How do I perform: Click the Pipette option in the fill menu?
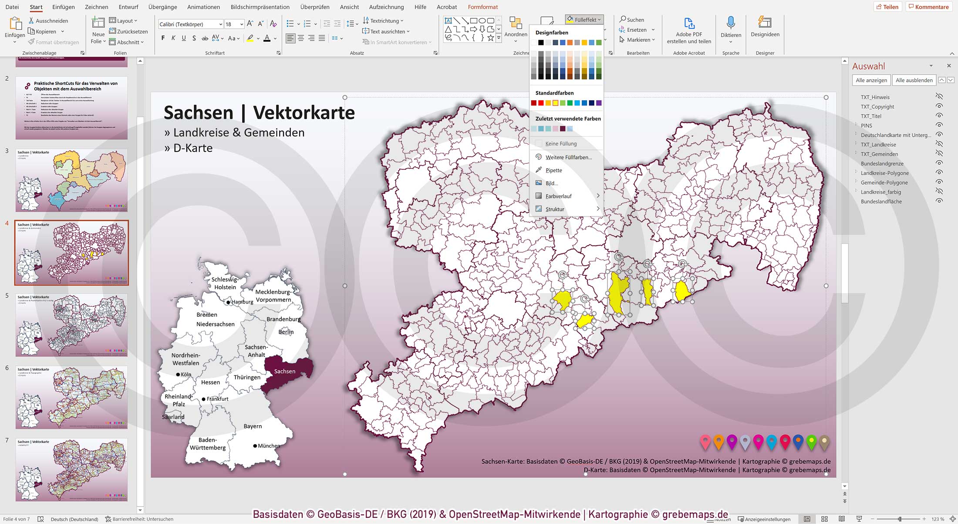(x=553, y=170)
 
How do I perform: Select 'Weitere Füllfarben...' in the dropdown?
(x=568, y=157)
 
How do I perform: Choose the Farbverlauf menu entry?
(x=558, y=196)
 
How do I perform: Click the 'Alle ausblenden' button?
(x=914, y=80)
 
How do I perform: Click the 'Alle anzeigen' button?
(x=871, y=80)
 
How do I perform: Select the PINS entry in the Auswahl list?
(x=866, y=125)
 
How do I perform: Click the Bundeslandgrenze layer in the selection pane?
(x=882, y=164)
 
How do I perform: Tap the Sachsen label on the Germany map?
(x=284, y=372)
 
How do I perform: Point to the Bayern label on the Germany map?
(x=253, y=426)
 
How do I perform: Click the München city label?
(x=269, y=446)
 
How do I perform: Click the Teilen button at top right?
(x=887, y=7)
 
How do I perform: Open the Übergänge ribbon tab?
(x=162, y=7)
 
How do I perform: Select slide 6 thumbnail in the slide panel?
(x=71, y=397)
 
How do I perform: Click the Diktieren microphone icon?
(x=730, y=23)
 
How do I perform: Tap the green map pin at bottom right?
(x=811, y=442)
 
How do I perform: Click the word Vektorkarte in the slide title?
(x=304, y=113)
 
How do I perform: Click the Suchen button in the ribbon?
(x=632, y=20)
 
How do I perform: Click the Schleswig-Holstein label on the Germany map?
(x=225, y=284)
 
